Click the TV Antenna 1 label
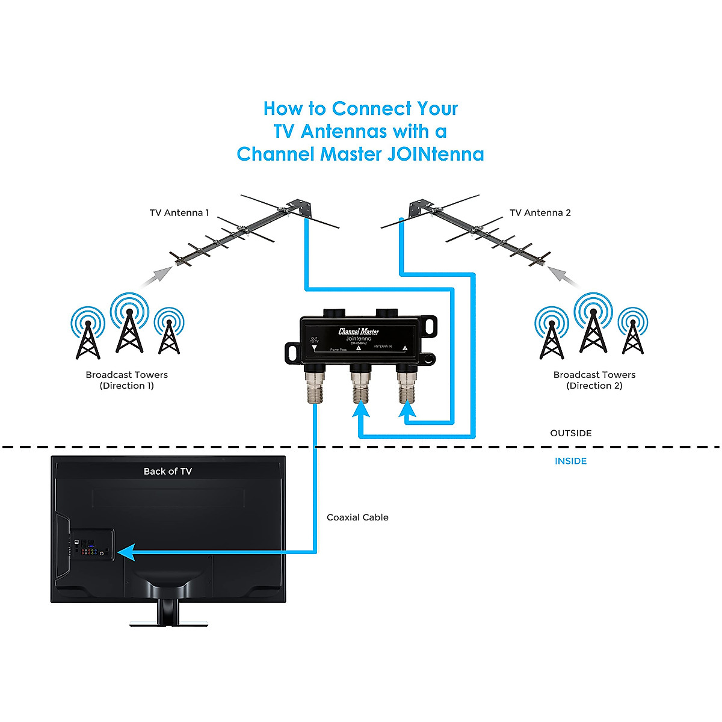pyautogui.click(x=179, y=213)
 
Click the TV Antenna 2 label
pyautogui.click(x=540, y=213)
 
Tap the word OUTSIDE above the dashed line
pyautogui.click(x=570, y=433)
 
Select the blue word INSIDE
pyautogui.click(x=570, y=461)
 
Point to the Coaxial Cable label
pyautogui.click(x=357, y=517)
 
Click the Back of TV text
pyautogui.click(x=167, y=472)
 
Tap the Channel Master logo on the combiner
pyautogui.click(x=359, y=332)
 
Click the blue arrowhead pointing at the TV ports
pyautogui.click(x=125, y=552)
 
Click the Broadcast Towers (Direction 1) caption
pyautogui.click(x=126, y=380)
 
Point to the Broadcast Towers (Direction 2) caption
pyautogui.click(x=594, y=380)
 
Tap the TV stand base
pyautogui.click(x=168, y=622)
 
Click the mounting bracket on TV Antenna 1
pyautogui.click(x=300, y=208)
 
